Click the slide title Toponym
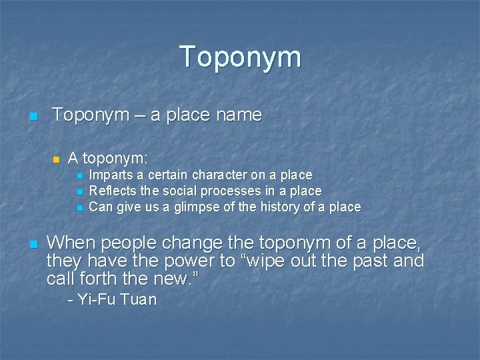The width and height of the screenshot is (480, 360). coord(240,58)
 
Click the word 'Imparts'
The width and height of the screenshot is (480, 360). coord(111,175)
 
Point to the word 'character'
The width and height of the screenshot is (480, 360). coord(219,175)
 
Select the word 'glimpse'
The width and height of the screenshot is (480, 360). coord(198,207)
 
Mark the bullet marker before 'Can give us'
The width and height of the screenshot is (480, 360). coord(79,208)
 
